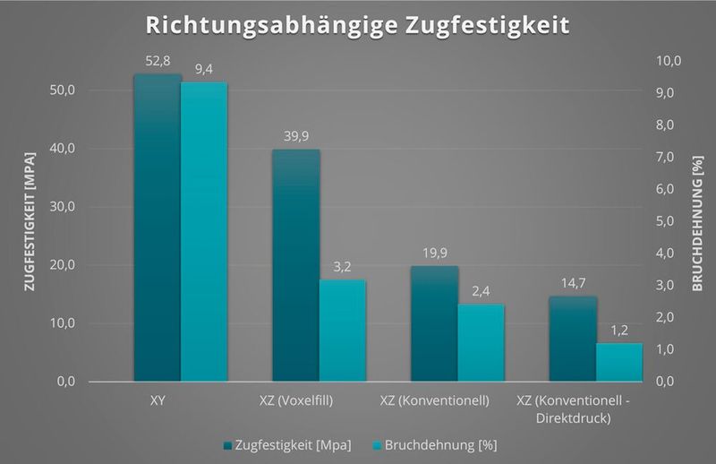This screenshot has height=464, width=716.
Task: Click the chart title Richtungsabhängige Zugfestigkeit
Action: [x=358, y=24]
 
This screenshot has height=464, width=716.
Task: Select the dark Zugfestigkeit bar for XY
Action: [x=158, y=228]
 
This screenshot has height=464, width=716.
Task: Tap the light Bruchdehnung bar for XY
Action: [x=204, y=233]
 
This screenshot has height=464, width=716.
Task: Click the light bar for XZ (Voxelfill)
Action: [x=343, y=331]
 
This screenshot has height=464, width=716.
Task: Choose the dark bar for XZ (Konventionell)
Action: [x=435, y=323]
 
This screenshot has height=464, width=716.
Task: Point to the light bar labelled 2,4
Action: [x=482, y=343]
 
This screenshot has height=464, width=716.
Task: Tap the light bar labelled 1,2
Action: [x=619, y=362]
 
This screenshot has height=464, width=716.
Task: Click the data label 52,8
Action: [x=158, y=61]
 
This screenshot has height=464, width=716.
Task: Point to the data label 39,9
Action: [x=296, y=136]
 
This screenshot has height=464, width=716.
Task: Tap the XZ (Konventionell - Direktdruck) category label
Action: [x=574, y=408]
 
